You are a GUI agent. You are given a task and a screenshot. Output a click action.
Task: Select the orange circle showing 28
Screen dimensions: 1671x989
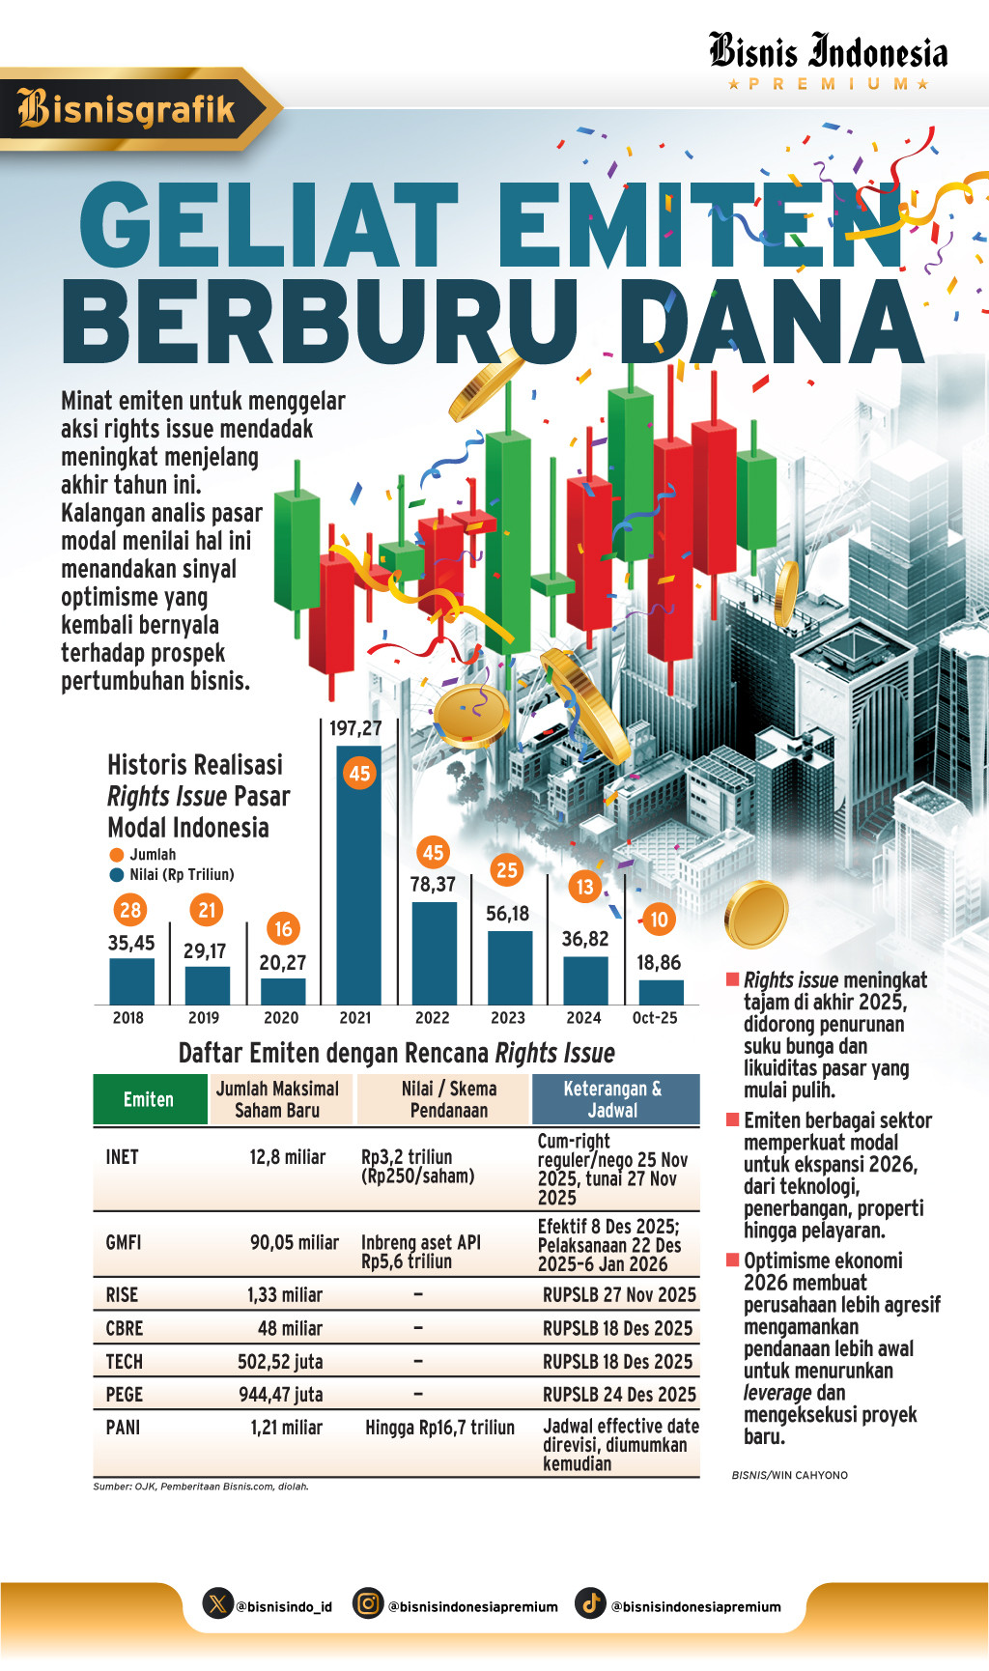click(130, 910)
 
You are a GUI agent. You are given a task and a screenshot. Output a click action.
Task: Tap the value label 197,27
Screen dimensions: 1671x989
click(355, 729)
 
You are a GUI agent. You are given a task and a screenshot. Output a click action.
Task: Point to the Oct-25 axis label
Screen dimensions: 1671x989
click(655, 1018)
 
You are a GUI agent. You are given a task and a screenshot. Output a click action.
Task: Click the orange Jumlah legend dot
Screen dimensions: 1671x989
click(117, 855)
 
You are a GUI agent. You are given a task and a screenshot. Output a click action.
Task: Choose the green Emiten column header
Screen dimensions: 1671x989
click(149, 1099)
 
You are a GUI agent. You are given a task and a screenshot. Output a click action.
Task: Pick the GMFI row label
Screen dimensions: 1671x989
click(124, 1242)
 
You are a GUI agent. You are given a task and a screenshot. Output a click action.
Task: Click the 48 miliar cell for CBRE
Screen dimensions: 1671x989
click(290, 1328)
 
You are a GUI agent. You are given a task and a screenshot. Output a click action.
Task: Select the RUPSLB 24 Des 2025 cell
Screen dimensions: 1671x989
click(619, 1394)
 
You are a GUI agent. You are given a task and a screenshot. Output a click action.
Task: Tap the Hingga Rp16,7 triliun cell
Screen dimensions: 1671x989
click(439, 1428)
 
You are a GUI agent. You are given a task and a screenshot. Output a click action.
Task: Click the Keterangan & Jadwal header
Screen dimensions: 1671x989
click(613, 1099)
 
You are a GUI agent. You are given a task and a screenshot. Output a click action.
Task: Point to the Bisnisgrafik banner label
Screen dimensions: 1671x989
click(127, 109)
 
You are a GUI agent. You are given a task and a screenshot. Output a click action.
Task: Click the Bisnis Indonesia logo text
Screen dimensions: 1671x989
click(828, 52)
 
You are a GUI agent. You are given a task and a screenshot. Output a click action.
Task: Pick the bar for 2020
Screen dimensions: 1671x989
click(283, 991)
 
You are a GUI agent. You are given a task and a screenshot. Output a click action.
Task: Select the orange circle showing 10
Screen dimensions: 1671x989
click(659, 920)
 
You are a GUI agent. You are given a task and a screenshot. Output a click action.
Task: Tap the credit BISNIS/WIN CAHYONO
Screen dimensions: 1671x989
click(790, 1475)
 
